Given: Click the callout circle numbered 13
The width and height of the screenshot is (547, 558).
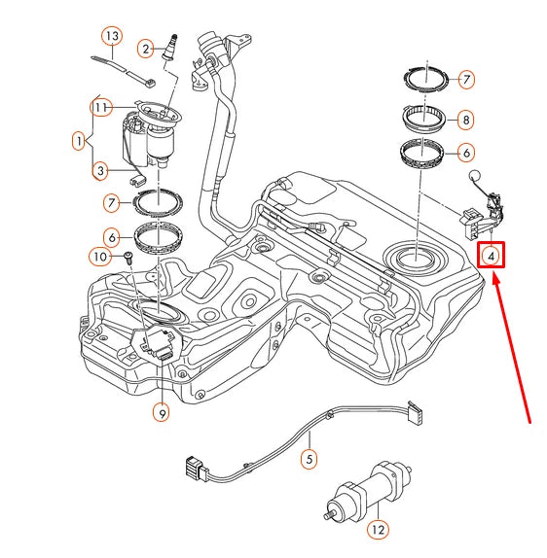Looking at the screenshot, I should [113, 37].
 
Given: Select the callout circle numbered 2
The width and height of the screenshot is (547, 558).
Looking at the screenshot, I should [147, 48].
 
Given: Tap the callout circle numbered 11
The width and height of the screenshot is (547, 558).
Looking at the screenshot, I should [100, 106].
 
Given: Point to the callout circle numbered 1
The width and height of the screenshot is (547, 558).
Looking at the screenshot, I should [78, 141].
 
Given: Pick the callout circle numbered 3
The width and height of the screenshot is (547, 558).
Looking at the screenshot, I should [100, 172].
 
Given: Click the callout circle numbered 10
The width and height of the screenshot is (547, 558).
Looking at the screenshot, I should [100, 257].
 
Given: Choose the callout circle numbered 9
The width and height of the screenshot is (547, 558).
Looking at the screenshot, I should [162, 412].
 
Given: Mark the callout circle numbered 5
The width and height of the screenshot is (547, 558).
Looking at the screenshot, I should [309, 458].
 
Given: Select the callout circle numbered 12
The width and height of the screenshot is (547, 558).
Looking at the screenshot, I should [378, 531].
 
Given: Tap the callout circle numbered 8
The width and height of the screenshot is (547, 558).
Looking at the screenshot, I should [466, 121].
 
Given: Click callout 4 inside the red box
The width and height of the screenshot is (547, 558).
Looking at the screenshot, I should [492, 256].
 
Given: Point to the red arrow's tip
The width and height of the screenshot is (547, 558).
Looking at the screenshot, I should [496, 277].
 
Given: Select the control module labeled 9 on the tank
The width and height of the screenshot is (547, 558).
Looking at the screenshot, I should [154, 343].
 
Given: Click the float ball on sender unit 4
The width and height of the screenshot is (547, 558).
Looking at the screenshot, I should [476, 176].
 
